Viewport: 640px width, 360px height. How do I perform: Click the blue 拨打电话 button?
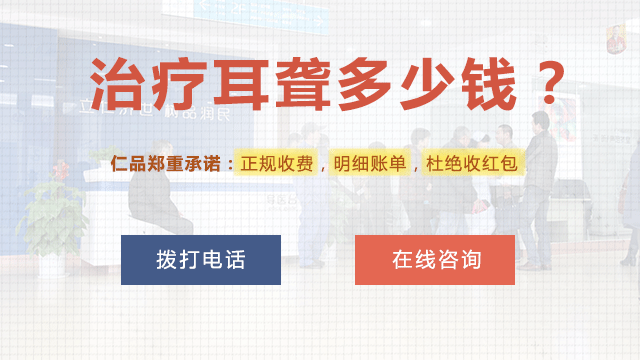tap(200, 260)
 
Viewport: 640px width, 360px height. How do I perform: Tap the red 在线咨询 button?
tap(435, 260)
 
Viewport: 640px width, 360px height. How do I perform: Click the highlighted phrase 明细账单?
tap(367, 163)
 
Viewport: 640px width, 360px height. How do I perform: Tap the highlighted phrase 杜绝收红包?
tap(474, 163)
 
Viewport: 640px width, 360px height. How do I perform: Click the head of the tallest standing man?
tap(541, 122)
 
